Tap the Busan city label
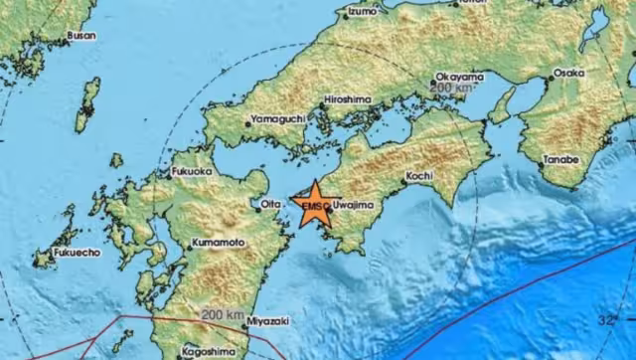click(80, 36)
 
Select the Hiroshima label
click(348, 99)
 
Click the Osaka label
click(568, 73)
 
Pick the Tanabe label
click(561, 159)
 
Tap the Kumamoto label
click(218, 243)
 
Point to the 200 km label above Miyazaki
click(222, 315)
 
